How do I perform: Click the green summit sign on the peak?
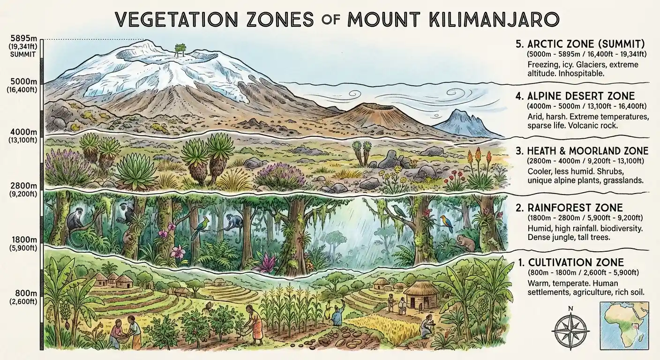pos(179,51)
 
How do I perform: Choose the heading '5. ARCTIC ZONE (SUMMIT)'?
pos(580,44)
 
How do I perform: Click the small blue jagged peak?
pos(460,123)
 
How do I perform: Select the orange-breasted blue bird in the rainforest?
pos(447,224)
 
